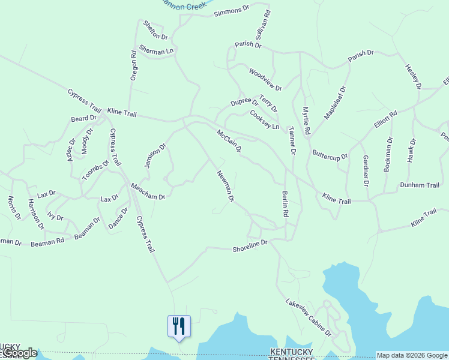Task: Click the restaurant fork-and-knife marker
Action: [x=178, y=326]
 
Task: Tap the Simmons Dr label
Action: [x=231, y=11]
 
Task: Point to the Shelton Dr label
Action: [x=155, y=31]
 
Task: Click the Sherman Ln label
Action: [x=156, y=51]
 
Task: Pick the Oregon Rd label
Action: [x=134, y=65]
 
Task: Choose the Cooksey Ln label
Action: [x=265, y=119]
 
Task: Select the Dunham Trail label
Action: [x=420, y=185]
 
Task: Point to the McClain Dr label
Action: [x=229, y=140]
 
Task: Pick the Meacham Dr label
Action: [x=147, y=191]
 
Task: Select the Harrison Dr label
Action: [x=36, y=214]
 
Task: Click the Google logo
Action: [x=19, y=353]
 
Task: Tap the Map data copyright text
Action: [x=412, y=355]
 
